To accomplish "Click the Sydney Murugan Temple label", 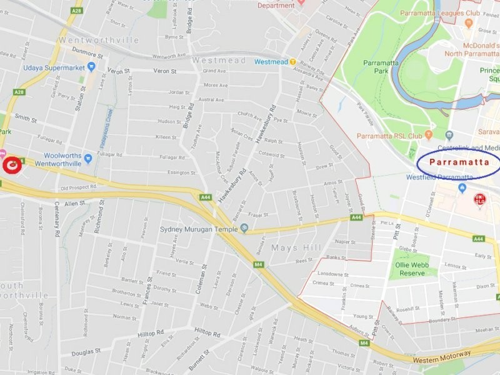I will [x=199, y=229].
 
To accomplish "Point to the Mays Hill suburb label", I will [x=296, y=247].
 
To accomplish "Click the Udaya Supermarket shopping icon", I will [x=91, y=67].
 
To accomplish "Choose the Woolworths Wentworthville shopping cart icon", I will [x=88, y=159].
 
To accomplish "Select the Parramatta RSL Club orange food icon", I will [x=429, y=135].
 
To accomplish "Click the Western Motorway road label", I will [x=441, y=355].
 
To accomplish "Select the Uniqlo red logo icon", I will [x=479, y=200].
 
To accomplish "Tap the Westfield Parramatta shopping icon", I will [x=462, y=187].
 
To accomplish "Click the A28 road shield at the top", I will [x=76, y=11].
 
